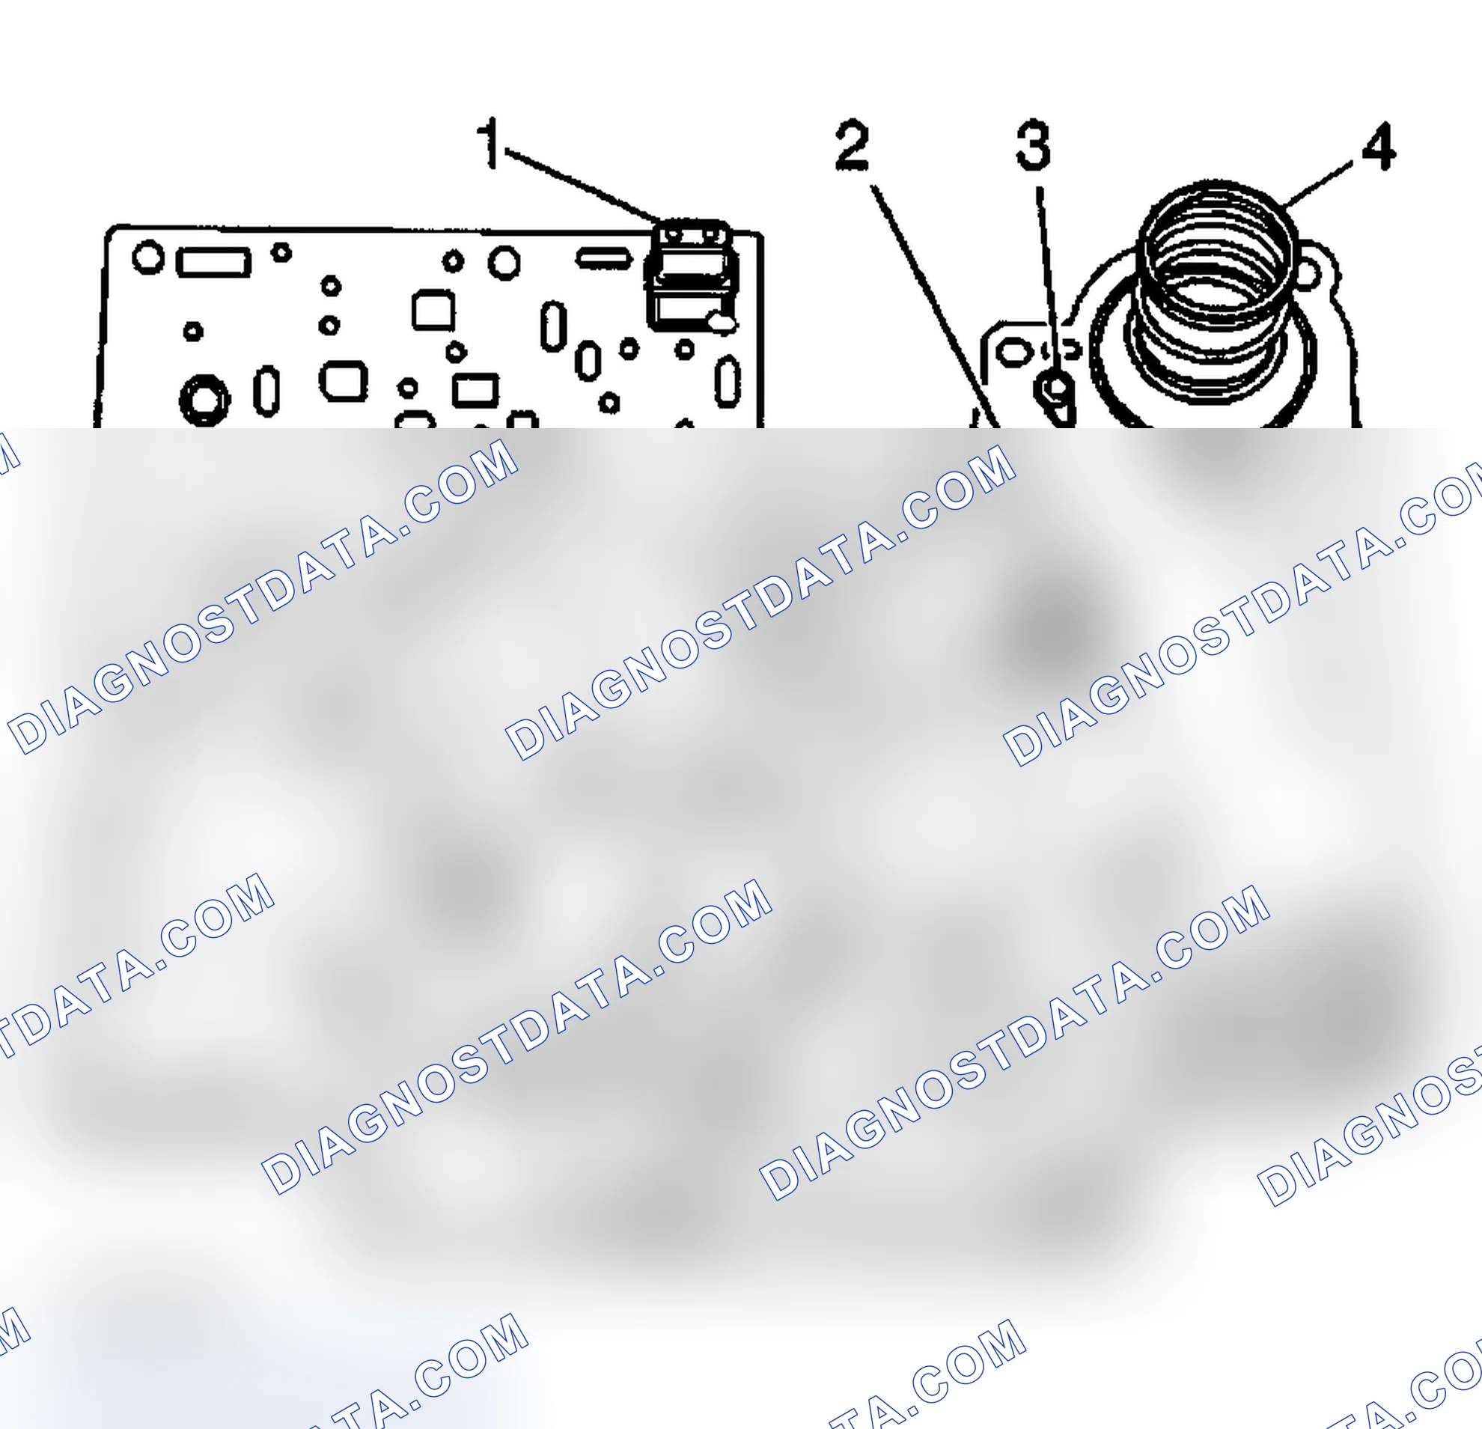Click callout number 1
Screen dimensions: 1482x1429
(491, 143)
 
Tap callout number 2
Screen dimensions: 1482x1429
(852, 144)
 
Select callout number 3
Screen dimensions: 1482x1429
(1033, 144)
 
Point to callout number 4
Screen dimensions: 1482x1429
(1379, 146)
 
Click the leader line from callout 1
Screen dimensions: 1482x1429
(584, 185)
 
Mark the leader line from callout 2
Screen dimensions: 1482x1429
(936, 306)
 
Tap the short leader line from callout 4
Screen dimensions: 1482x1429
(1317, 182)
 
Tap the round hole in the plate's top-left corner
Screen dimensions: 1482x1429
(147, 257)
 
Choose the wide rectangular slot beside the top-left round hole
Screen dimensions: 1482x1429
(213, 262)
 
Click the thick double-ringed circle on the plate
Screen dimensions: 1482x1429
(204, 398)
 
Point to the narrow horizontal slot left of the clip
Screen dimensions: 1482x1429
(604, 258)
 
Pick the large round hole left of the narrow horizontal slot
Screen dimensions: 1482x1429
(504, 263)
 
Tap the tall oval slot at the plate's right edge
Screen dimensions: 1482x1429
(728, 382)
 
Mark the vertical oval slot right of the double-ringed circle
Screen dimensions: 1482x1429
(266, 391)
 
